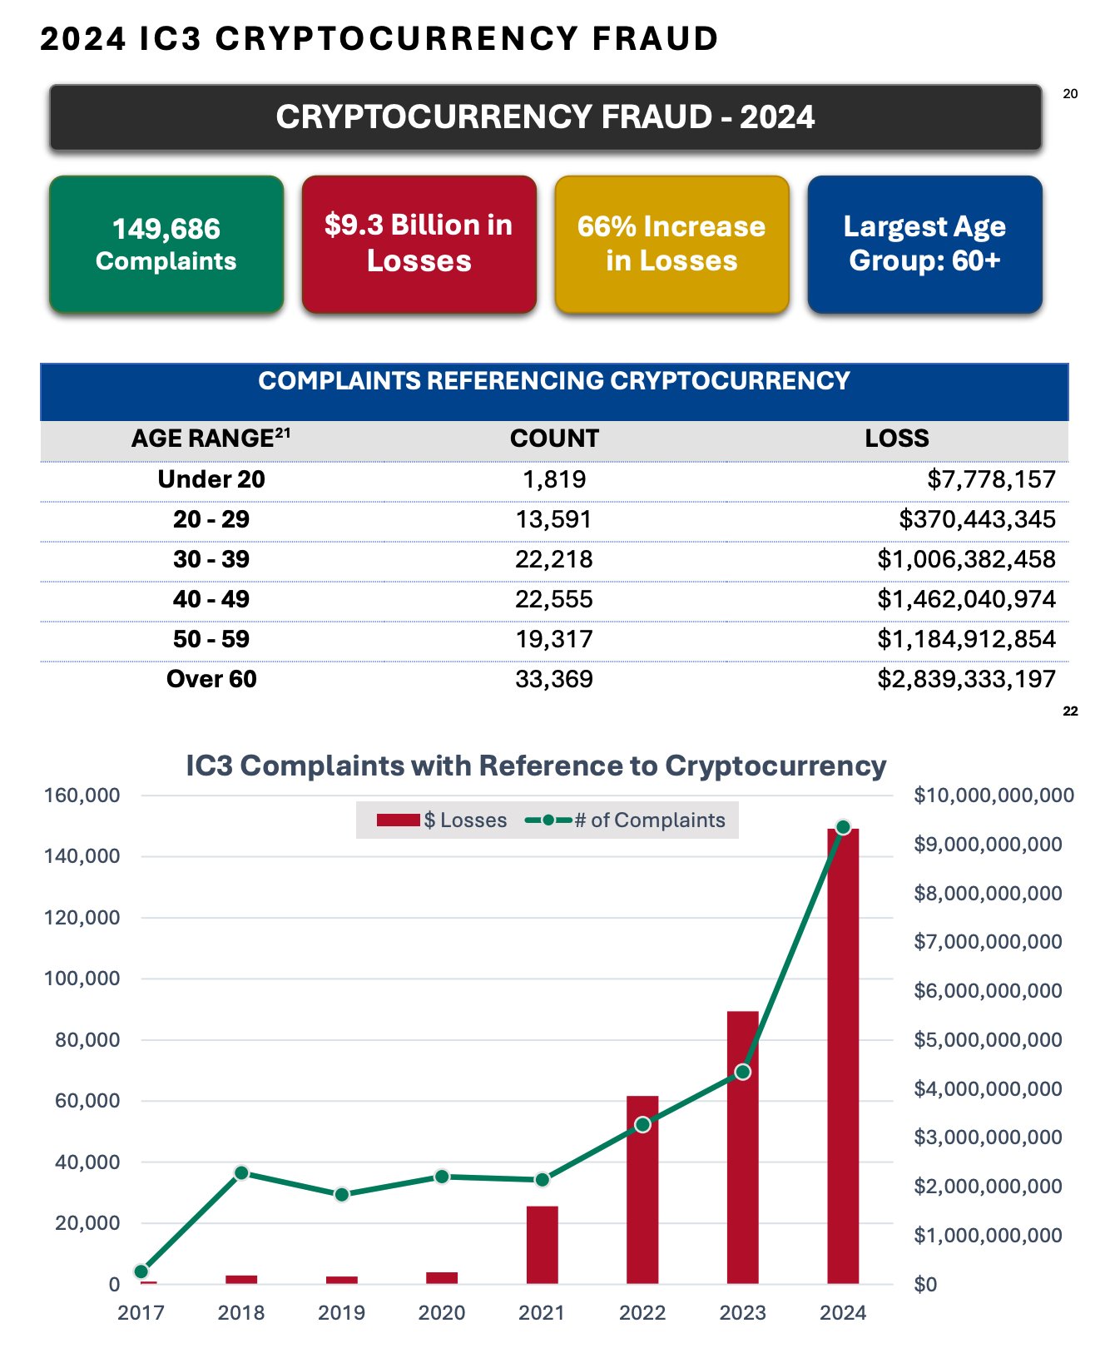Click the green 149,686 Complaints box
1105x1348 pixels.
(x=166, y=244)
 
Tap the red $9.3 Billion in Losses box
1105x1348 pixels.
(x=419, y=244)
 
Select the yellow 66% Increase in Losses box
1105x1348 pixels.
(x=671, y=244)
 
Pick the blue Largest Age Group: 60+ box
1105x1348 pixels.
(x=924, y=244)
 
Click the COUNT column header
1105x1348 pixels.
(x=554, y=439)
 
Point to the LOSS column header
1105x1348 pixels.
(x=896, y=439)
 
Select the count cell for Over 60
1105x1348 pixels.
(x=554, y=679)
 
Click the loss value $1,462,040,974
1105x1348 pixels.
(x=966, y=599)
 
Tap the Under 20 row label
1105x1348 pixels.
(x=211, y=479)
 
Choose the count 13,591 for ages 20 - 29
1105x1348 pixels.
(x=554, y=519)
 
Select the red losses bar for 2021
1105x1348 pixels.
(x=543, y=1245)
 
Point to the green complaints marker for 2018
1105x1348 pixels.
(x=241, y=1172)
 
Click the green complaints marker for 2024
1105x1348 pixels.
(x=843, y=827)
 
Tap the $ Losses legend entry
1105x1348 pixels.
(x=442, y=820)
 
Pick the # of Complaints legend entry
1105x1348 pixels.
(x=626, y=820)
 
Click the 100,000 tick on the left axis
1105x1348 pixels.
(x=82, y=979)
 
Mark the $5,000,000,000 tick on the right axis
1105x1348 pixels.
(x=988, y=1040)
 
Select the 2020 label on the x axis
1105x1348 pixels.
(x=442, y=1313)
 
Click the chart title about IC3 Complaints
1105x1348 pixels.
(x=536, y=766)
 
